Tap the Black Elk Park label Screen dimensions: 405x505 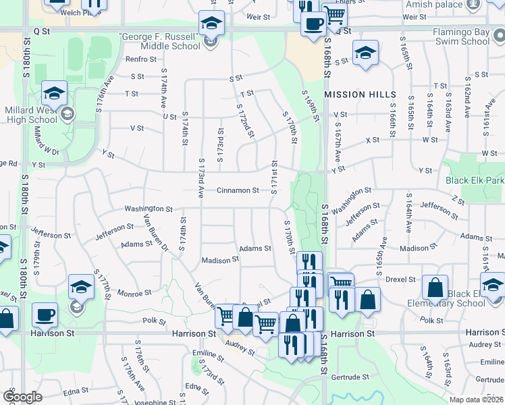tap(475, 181)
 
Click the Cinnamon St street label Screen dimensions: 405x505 tap(238, 190)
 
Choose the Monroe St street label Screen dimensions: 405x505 tap(134, 294)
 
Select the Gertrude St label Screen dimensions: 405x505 tap(352, 377)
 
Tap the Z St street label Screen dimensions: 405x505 tap(459, 200)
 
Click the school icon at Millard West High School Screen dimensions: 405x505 tap(54, 94)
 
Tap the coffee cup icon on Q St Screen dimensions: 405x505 tap(312, 25)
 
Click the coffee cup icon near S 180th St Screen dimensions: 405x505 tap(45, 315)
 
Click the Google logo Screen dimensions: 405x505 tap(22, 397)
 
